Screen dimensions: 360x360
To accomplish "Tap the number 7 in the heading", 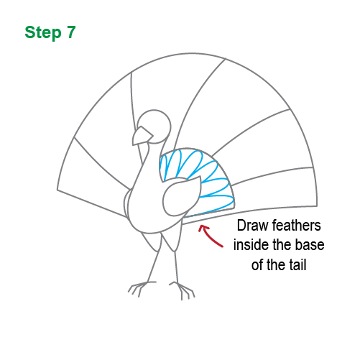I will [70, 32].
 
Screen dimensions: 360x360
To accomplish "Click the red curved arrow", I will [211, 234].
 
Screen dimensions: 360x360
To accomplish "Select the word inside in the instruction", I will [251, 246].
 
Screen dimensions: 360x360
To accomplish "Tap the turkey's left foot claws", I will [137, 289].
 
